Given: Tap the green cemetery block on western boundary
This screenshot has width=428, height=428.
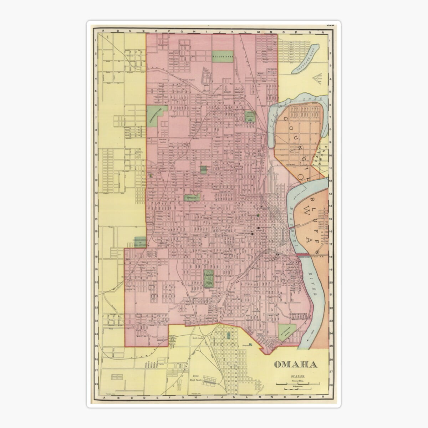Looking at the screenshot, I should coord(140,242).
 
